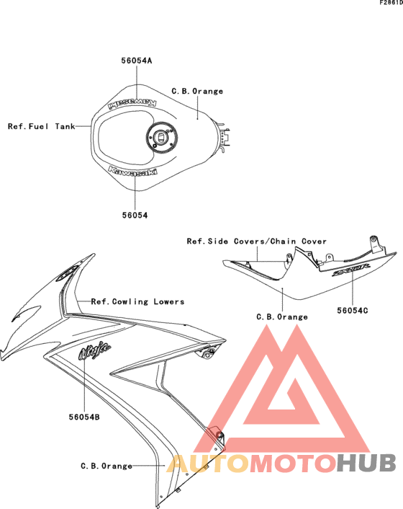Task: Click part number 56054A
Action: (x=137, y=61)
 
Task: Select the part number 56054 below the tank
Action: (x=135, y=216)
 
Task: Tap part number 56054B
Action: (x=84, y=417)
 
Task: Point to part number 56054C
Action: (x=353, y=311)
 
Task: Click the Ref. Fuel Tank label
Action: (x=42, y=126)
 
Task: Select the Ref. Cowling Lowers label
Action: (x=137, y=301)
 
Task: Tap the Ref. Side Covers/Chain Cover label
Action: (x=257, y=242)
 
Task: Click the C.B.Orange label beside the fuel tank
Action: (x=197, y=92)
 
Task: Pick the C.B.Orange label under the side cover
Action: (x=282, y=317)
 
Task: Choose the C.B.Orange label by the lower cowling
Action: (x=107, y=466)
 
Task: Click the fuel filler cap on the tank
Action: (x=162, y=137)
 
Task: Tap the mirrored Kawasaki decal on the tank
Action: (x=132, y=103)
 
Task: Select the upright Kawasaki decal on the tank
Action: (x=132, y=171)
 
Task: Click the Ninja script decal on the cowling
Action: (x=94, y=350)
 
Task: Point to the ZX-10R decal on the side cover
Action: (x=350, y=270)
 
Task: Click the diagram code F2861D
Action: (x=391, y=3)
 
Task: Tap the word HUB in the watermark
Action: (x=366, y=463)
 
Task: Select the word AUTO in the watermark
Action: (x=208, y=464)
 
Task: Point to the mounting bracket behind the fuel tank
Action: (x=225, y=136)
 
